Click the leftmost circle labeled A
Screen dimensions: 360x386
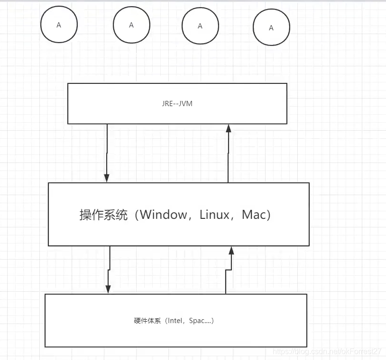[59, 25]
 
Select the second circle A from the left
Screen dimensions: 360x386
[131, 25]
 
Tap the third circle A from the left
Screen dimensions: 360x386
[200, 26]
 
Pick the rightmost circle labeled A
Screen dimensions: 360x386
[271, 28]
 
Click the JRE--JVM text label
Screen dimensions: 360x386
[177, 103]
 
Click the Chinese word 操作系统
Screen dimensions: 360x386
[103, 215]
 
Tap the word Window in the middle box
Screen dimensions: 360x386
[164, 215]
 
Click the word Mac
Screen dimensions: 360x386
[254, 215]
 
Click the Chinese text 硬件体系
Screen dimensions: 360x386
[147, 321]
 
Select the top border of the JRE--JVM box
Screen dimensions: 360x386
[177, 83]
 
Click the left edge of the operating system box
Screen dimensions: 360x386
[48, 214]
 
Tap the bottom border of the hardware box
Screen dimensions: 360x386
[175, 347]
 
